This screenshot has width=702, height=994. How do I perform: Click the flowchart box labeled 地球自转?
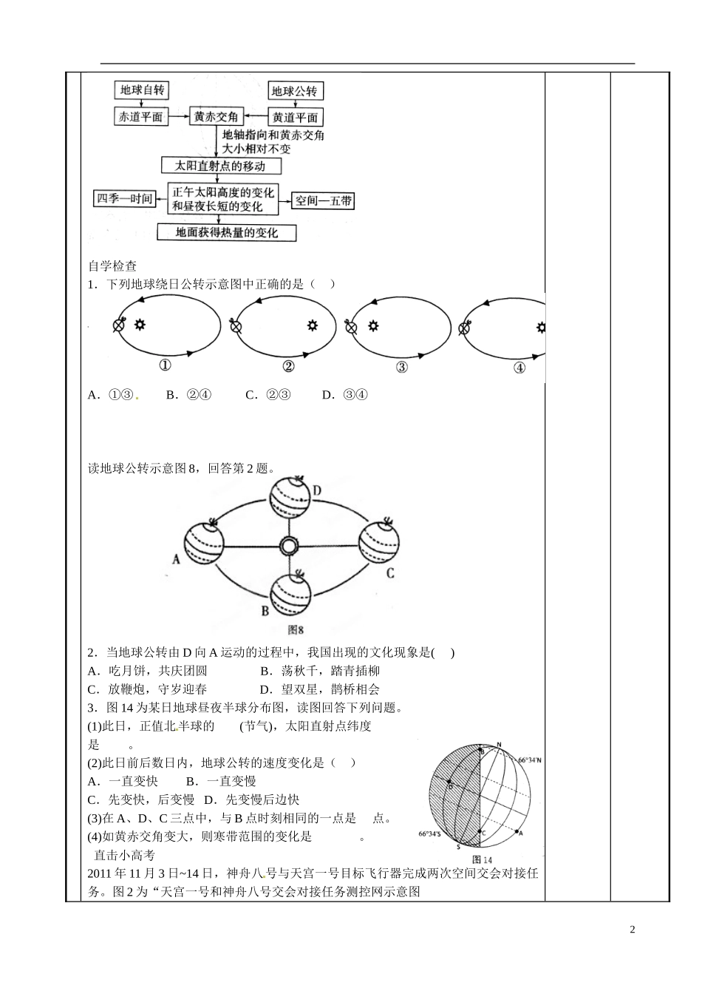click(142, 90)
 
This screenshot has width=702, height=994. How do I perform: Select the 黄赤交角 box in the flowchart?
click(216, 116)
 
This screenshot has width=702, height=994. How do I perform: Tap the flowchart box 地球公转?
click(294, 91)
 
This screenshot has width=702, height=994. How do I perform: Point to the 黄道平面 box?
click(295, 117)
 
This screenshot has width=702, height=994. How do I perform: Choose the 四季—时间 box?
click(124, 198)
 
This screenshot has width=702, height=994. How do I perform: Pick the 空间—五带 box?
click(324, 200)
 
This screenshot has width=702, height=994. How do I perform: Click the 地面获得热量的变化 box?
click(227, 232)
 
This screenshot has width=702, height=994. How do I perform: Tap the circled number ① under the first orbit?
click(165, 365)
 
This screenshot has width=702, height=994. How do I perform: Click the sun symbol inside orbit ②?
click(313, 325)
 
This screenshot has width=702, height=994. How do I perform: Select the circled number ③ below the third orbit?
click(401, 367)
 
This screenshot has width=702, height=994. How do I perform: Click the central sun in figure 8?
click(288, 547)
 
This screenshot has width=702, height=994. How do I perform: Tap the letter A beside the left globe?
click(177, 559)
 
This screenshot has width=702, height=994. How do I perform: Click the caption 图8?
click(296, 629)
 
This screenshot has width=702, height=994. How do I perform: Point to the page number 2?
click(632, 930)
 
